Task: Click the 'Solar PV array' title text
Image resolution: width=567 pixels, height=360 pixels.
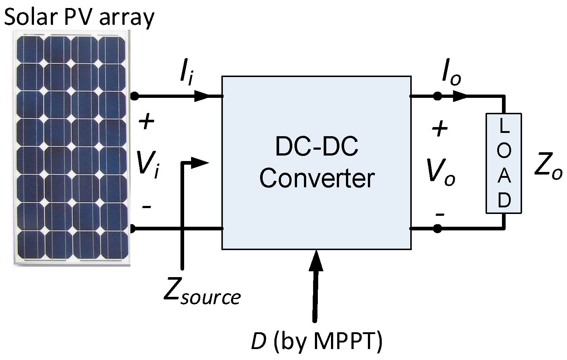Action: coord(79,17)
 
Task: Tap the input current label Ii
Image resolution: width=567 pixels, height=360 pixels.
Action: coord(186,74)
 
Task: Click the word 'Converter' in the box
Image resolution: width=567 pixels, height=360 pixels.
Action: coord(317,179)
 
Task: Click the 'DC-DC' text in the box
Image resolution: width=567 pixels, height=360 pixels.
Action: coord(317,146)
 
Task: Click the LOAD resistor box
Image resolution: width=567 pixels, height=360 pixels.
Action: coord(503,163)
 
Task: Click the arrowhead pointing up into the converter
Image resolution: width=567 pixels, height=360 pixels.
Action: coord(316,260)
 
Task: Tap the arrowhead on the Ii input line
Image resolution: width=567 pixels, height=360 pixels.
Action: coord(202,96)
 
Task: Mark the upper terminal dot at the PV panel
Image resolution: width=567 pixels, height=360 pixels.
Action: coord(134,96)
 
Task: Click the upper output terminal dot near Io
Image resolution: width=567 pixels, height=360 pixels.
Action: coord(437,96)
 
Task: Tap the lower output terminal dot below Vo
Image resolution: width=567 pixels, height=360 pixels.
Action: coord(437,229)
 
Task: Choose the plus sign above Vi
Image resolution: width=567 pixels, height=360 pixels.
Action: coord(147,122)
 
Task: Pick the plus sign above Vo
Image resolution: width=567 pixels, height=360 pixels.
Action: coord(440,129)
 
